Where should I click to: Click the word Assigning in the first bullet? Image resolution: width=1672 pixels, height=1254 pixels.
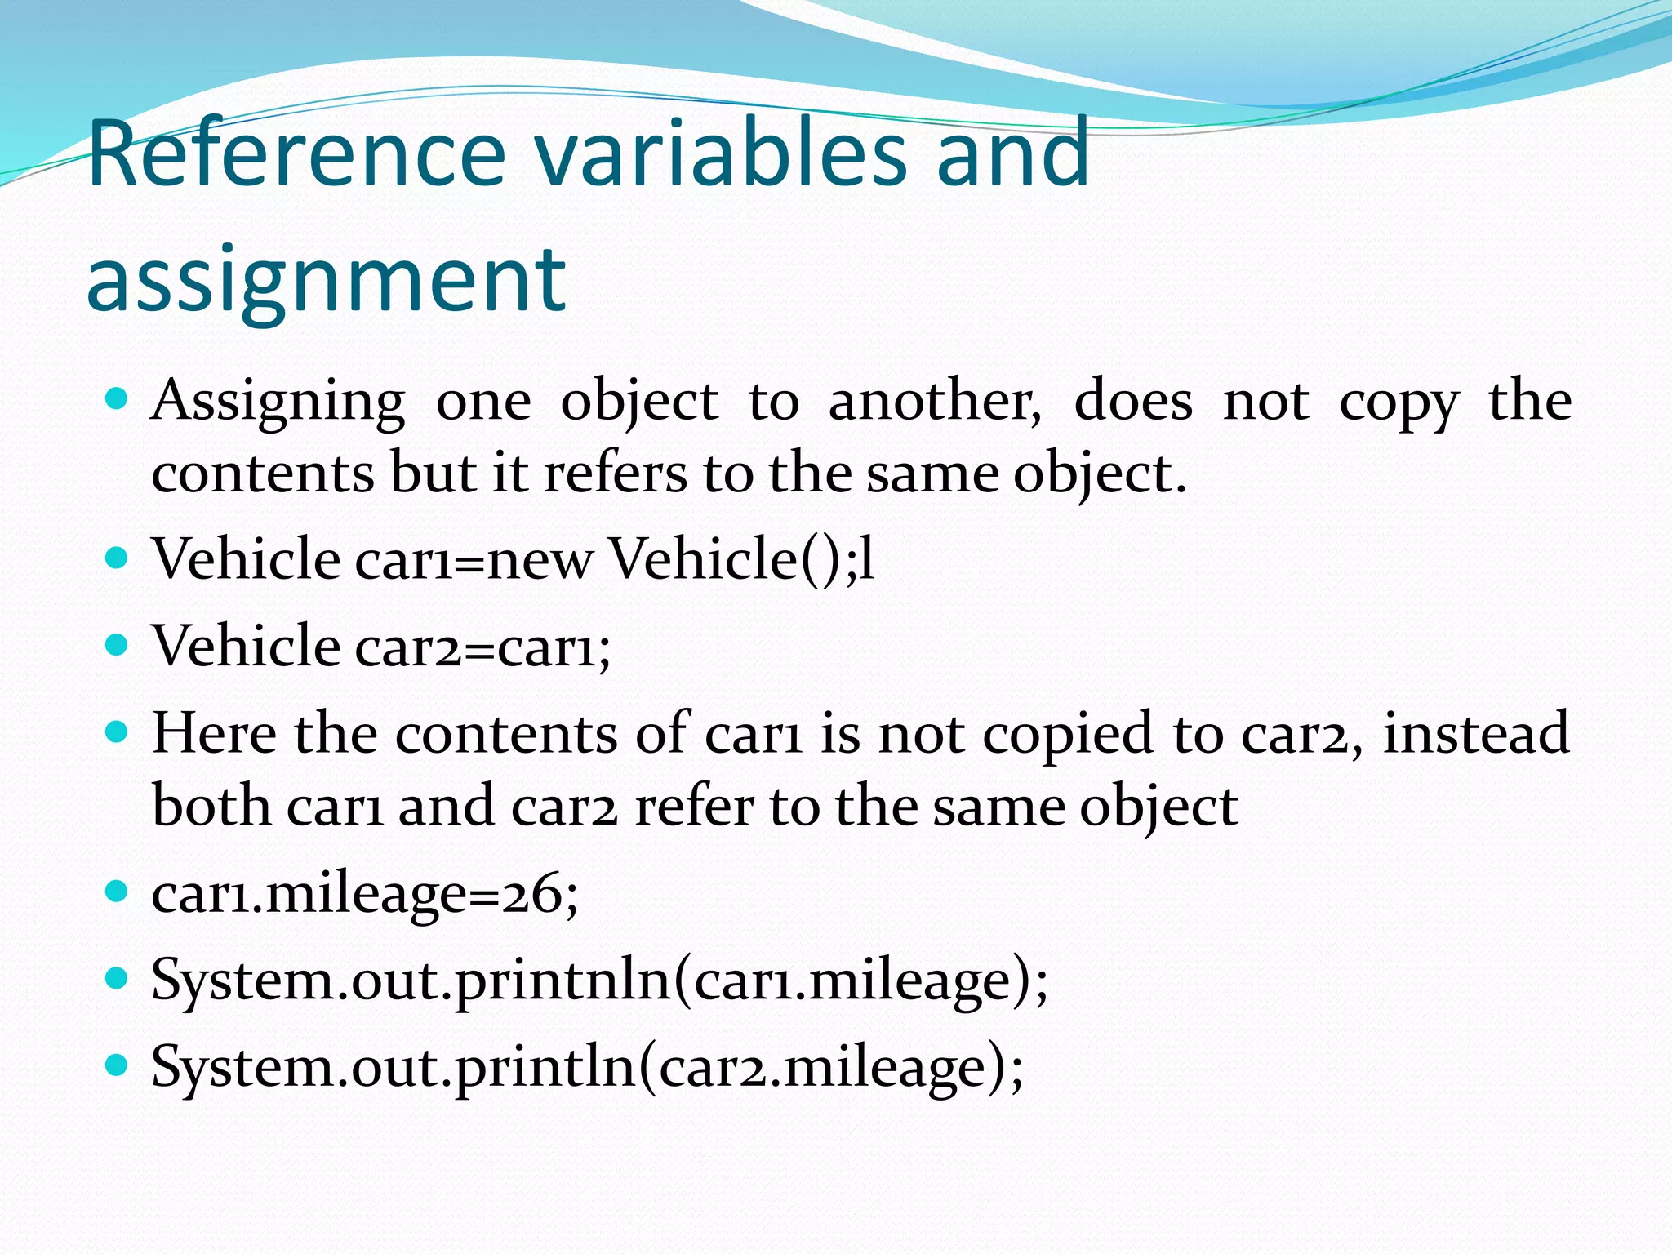tap(278, 402)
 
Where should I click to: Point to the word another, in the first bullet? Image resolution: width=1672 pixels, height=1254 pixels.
tap(935, 402)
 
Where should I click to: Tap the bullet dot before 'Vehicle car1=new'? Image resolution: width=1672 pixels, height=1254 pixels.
tap(118, 558)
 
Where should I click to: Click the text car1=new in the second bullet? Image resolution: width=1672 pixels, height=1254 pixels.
tap(474, 560)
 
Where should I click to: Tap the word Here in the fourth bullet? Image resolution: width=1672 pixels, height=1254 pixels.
tap(214, 733)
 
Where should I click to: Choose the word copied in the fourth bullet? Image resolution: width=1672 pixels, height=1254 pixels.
tap(1068, 733)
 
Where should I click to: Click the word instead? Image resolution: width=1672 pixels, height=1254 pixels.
tap(1476, 733)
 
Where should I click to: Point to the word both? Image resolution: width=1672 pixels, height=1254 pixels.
tap(211, 806)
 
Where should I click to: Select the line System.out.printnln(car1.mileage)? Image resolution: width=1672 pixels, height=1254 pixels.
tap(599, 981)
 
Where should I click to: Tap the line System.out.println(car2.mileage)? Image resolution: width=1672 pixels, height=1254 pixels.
tap(587, 1067)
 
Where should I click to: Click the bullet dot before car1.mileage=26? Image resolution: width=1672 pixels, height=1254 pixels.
tap(118, 891)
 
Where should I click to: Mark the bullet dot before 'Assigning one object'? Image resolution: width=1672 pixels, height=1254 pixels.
tap(118, 399)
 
